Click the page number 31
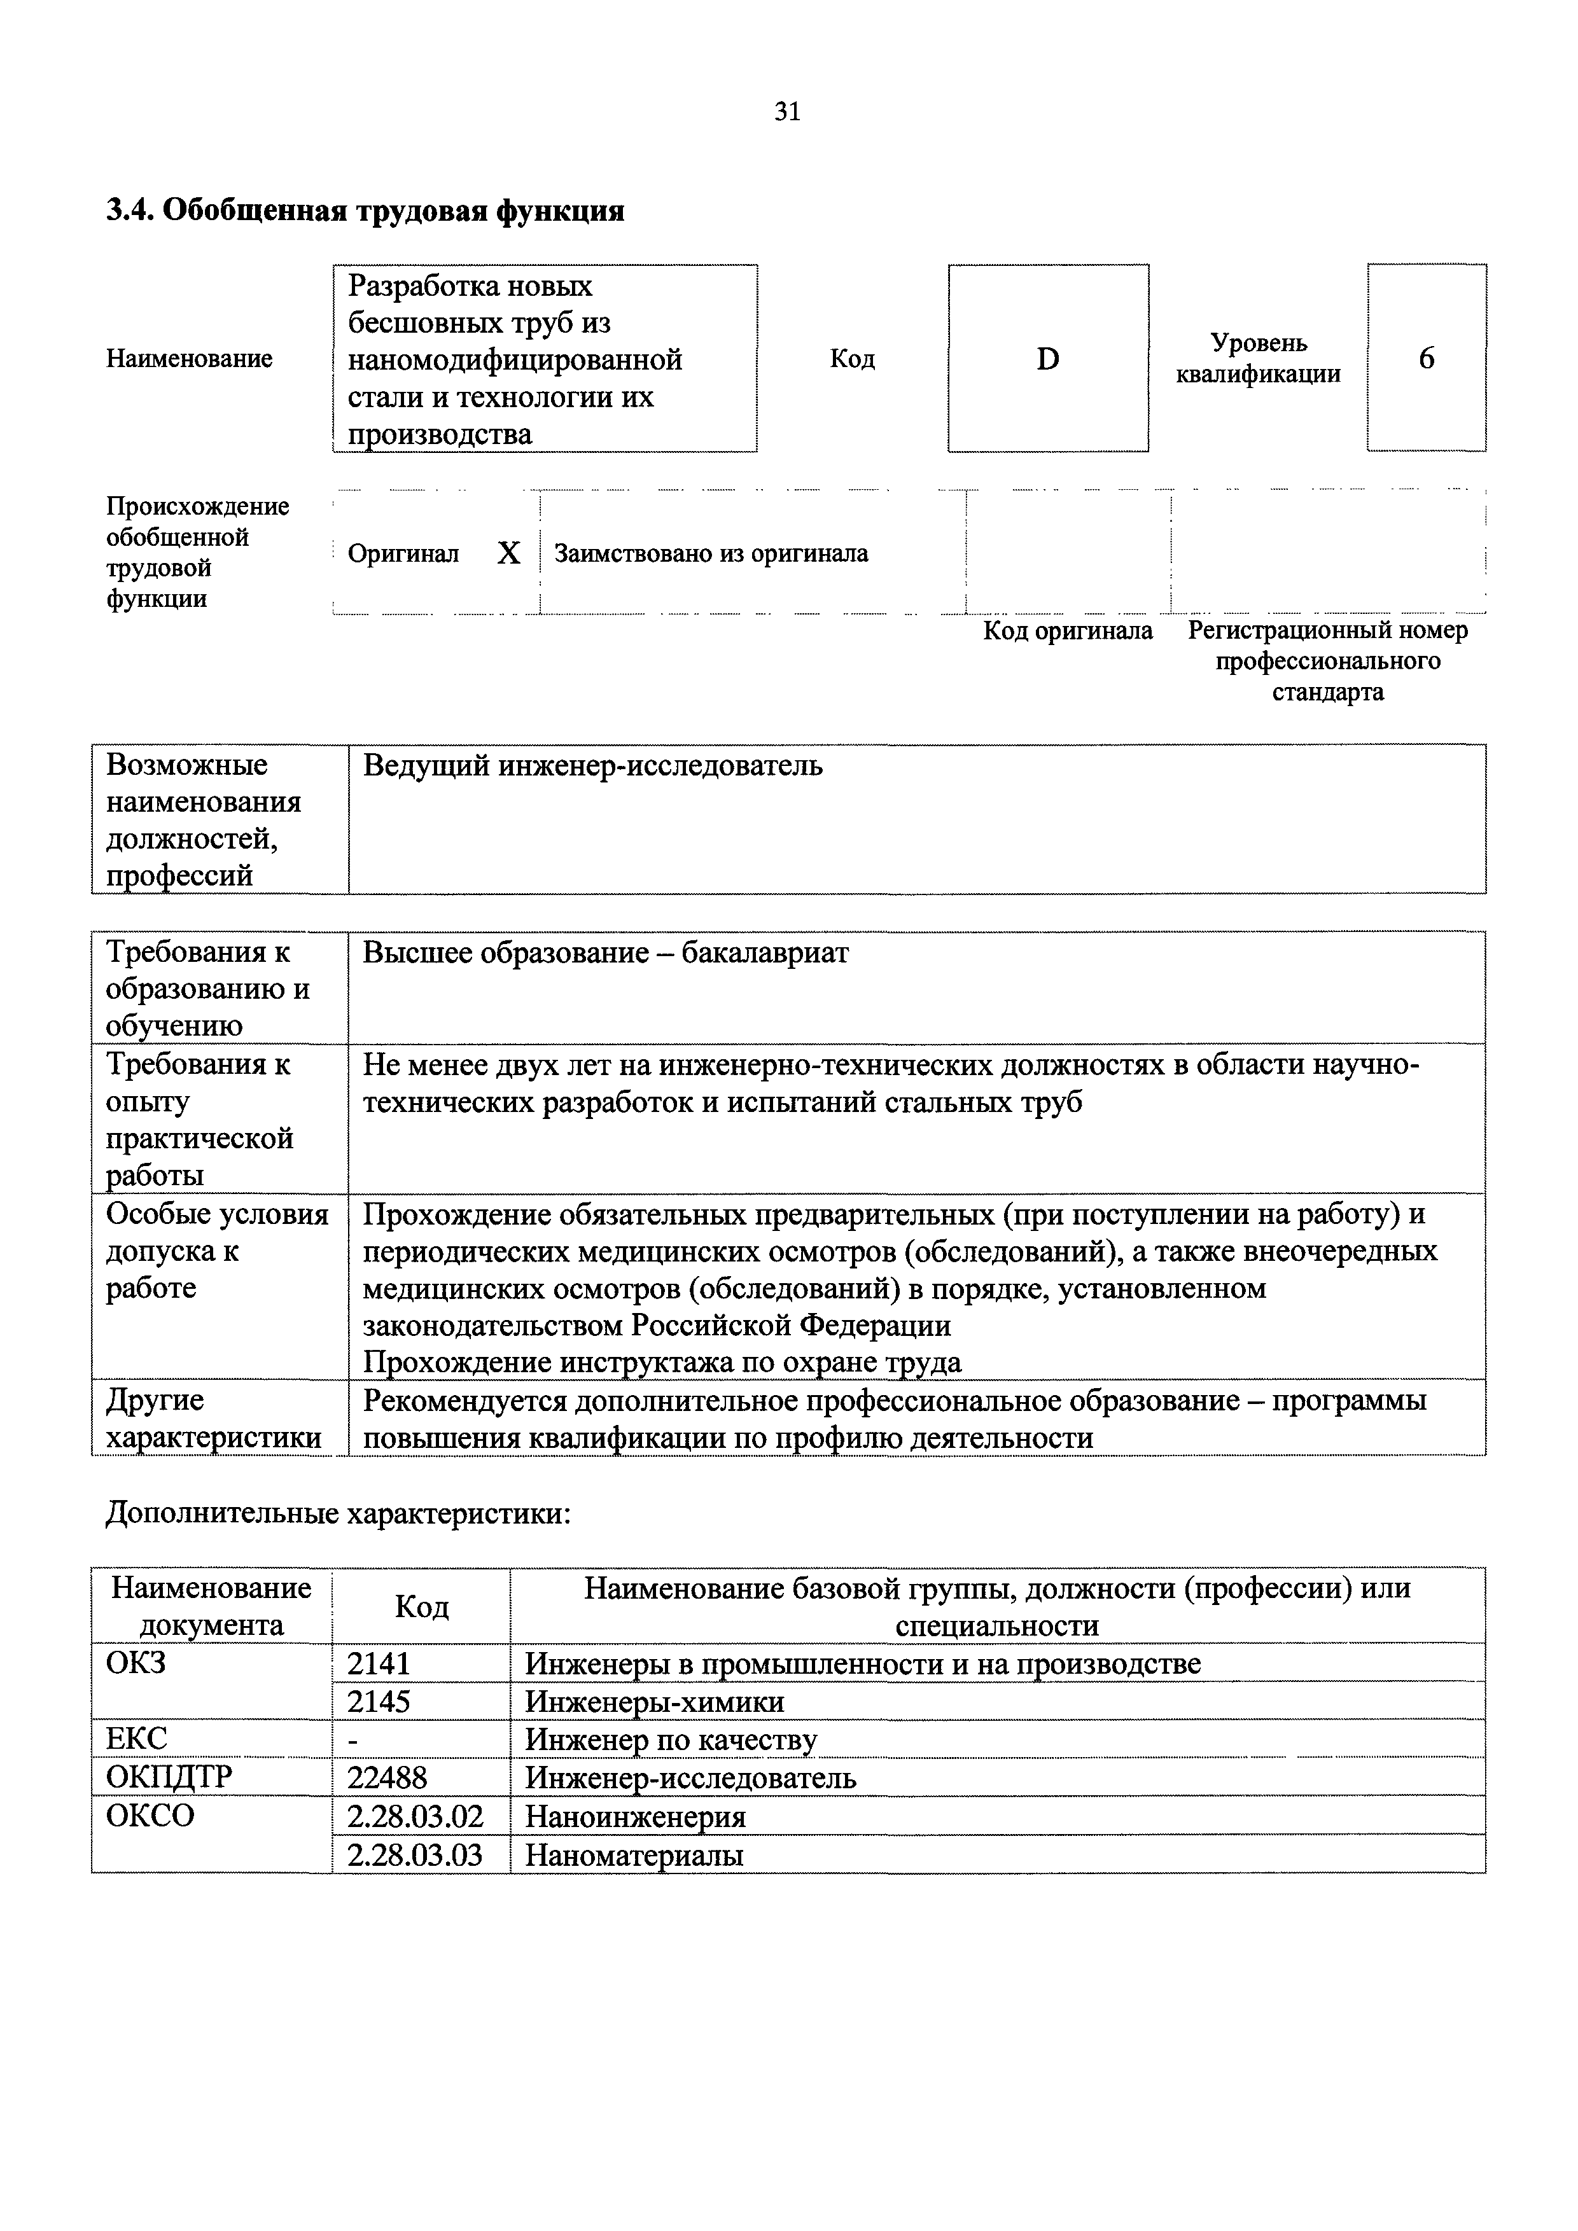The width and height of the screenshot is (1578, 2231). point(787,112)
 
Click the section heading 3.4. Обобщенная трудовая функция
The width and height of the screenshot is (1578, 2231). point(365,211)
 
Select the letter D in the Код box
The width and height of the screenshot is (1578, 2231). point(1047,359)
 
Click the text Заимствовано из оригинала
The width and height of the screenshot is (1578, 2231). point(710,554)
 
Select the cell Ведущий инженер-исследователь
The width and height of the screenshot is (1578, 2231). point(593,766)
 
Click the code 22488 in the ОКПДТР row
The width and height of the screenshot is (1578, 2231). point(387,1777)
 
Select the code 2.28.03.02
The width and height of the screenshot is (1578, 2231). point(415,1816)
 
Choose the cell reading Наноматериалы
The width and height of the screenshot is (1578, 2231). point(634,1855)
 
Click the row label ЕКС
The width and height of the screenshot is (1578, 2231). point(136,1739)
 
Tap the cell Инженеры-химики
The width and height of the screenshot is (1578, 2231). point(654,1702)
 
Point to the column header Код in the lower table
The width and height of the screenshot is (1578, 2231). point(422,1607)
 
